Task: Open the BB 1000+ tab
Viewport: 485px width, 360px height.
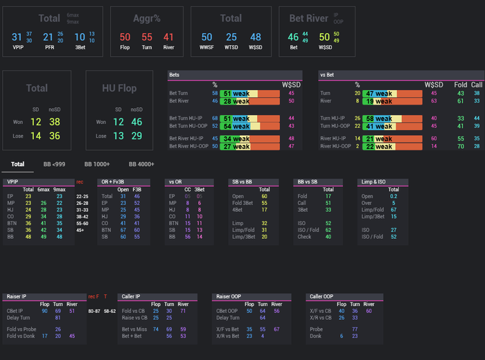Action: click(x=97, y=165)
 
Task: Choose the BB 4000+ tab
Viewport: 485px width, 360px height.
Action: click(x=141, y=165)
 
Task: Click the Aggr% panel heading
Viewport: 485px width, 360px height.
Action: click(x=146, y=19)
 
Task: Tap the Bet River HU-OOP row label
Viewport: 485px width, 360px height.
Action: click(x=188, y=147)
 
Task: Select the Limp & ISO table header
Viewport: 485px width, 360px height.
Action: click(x=373, y=181)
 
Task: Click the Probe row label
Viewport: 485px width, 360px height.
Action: click(x=317, y=330)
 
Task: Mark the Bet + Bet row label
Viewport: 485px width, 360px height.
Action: click(x=132, y=336)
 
